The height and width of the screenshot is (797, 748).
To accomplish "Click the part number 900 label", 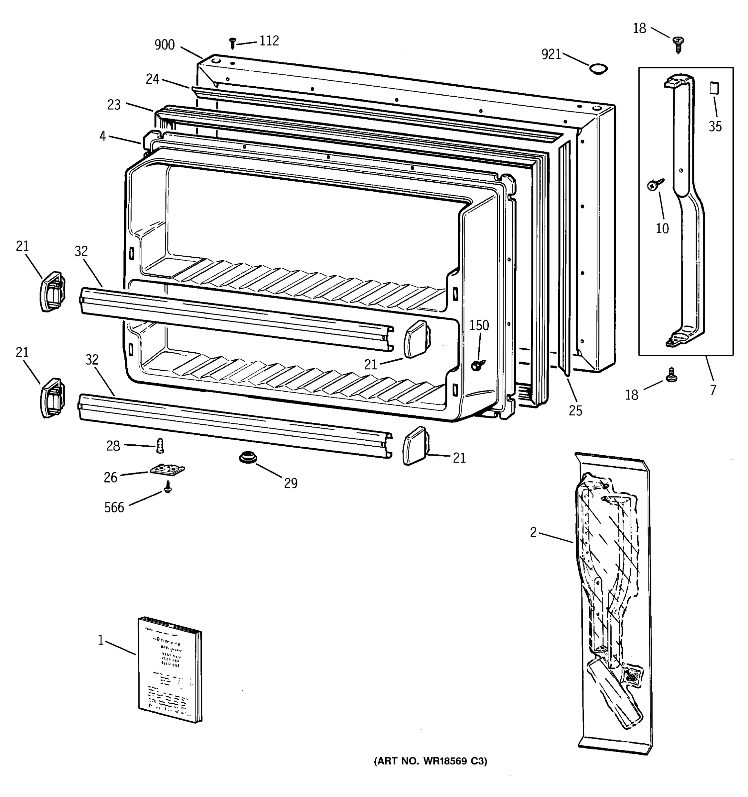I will [165, 45].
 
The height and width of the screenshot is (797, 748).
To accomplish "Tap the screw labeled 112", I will [232, 43].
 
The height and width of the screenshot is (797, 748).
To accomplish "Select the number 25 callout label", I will [575, 410].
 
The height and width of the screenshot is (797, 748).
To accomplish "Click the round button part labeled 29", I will [248, 457].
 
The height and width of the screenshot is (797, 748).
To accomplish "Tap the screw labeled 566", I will [168, 487].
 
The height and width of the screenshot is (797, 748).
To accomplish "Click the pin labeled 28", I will [160, 445].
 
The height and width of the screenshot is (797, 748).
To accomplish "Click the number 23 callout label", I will [114, 105].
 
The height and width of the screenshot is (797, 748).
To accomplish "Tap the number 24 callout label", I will [153, 79].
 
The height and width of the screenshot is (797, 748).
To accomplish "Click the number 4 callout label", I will [103, 137].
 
